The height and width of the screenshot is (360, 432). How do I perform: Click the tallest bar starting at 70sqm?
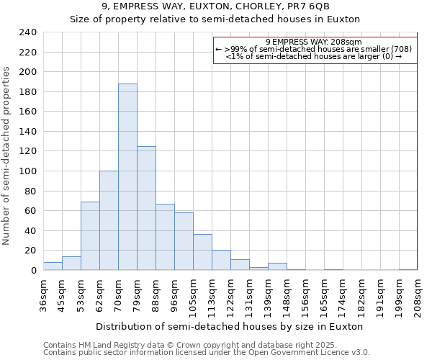click(x=127, y=177)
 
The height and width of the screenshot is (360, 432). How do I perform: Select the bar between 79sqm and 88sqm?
click(x=146, y=208)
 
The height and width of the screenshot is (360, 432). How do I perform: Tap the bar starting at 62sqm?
click(x=109, y=220)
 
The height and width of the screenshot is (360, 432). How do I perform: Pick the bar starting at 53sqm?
click(x=90, y=236)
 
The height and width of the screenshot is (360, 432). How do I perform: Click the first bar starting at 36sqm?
click(x=53, y=266)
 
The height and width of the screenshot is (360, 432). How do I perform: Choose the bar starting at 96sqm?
click(x=184, y=241)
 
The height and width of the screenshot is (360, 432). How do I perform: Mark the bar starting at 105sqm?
click(x=202, y=252)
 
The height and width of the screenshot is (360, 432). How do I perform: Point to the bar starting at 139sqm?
click(x=277, y=266)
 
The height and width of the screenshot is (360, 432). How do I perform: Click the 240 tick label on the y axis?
click(x=27, y=32)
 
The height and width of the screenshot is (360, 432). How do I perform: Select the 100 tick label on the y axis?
click(x=27, y=171)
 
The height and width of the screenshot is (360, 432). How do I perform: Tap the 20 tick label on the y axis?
click(x=30, y=251)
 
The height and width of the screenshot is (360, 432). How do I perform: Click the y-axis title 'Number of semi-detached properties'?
click(x=6, y=156)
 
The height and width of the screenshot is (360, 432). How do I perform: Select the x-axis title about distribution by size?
click(x=229, y=326)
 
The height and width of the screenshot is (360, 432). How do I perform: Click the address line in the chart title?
click(x=215, y=6)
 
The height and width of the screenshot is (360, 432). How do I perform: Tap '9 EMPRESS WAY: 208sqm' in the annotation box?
click(x=314, y=42)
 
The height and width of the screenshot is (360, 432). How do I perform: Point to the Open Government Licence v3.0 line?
click(x=207, y=352)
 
